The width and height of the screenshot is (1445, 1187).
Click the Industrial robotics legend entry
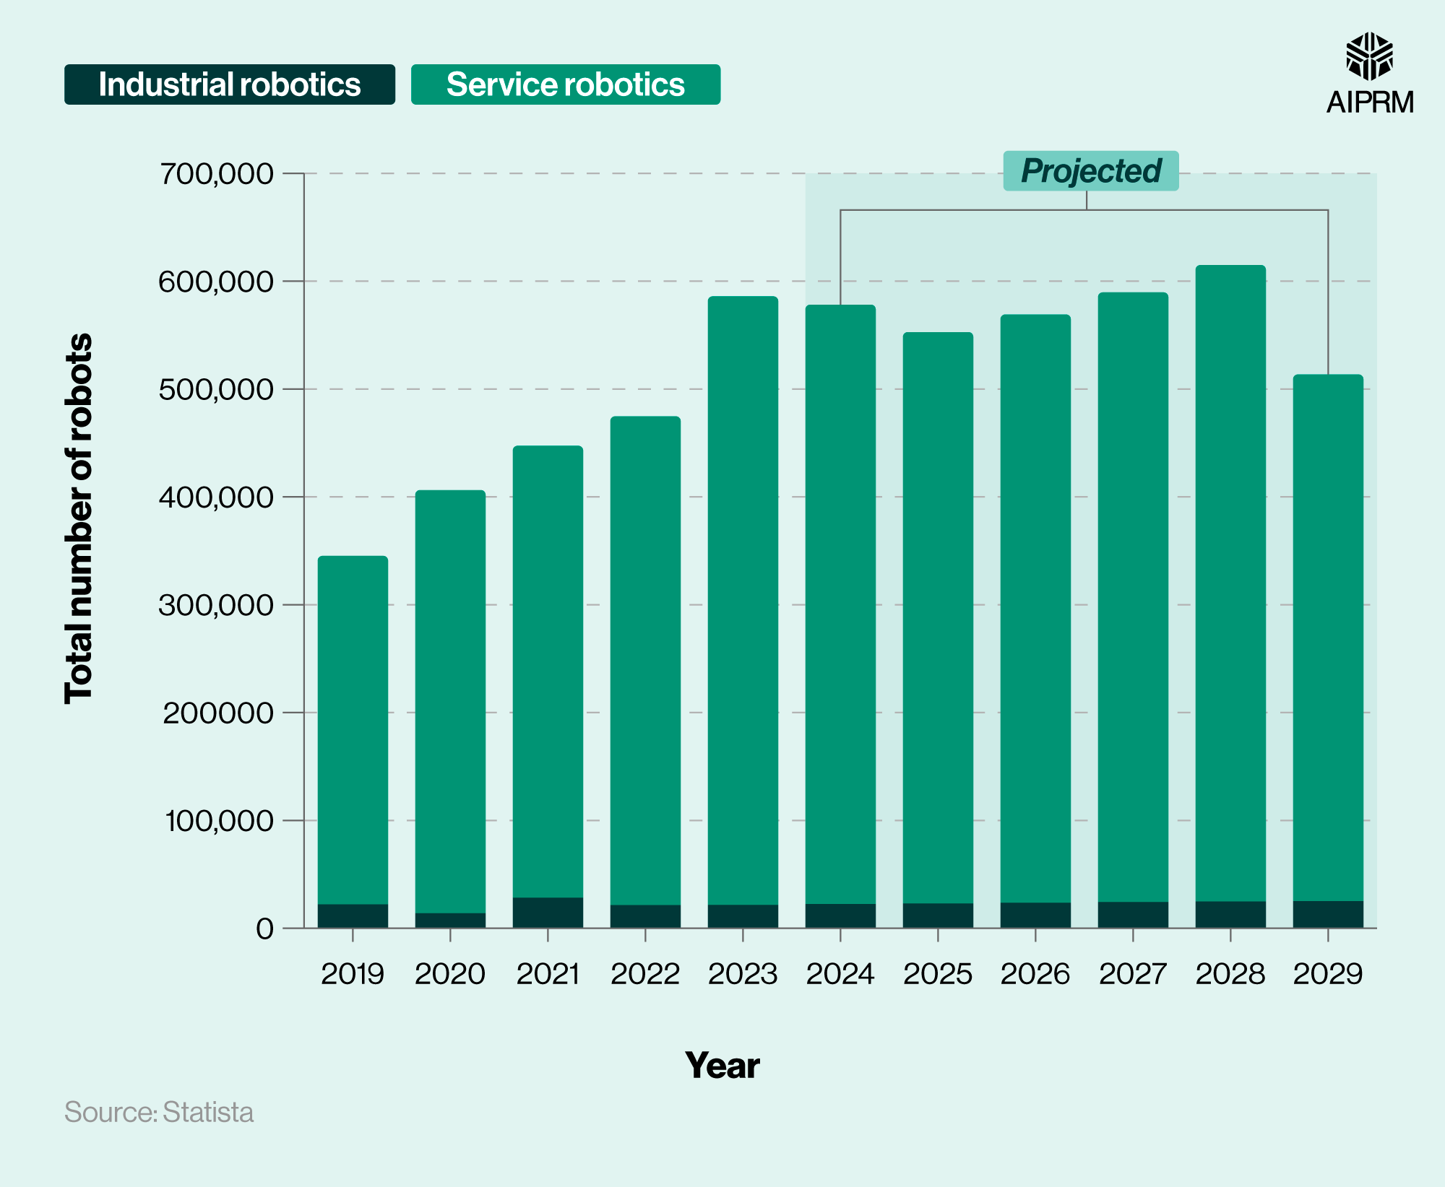(229, 84)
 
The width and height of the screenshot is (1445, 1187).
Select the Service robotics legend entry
(565, 84)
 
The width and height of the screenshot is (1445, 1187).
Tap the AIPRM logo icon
(1369, 56)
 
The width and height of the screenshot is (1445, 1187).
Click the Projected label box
(1090, 171)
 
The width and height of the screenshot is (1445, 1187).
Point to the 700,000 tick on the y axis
(217, 174)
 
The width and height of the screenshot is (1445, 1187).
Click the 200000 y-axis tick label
(217, 713)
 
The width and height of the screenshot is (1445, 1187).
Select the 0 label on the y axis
(264, 929)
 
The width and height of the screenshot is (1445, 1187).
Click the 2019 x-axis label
(353, 974)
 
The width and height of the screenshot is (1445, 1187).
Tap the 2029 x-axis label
(1327, 974)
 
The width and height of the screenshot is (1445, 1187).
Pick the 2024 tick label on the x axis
(840, 974)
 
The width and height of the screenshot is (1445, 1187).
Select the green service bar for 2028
(1230, 578)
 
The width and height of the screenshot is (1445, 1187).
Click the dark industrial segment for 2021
(548, 913)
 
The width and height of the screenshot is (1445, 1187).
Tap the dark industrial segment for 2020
(450, 921)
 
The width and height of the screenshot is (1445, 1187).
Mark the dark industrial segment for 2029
(1327, 914)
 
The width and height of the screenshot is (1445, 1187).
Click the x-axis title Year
(722, 1066)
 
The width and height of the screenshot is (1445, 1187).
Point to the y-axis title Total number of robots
(79, 518)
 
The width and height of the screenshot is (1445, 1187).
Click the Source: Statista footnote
(159, 1112)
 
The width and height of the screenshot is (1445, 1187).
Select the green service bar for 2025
(938, 614)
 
